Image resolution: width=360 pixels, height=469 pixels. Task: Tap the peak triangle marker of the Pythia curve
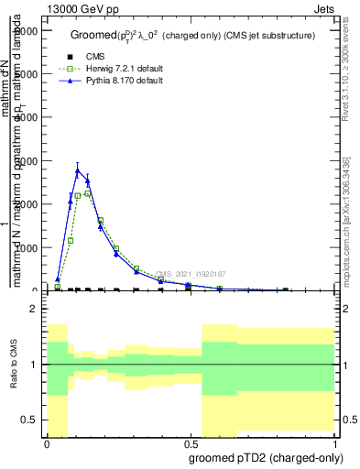click(x=78, y=171)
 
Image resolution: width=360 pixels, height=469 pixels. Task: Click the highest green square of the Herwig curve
click(x=87, y=193)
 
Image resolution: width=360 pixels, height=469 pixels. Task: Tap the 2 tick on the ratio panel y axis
click(x=33, y=309)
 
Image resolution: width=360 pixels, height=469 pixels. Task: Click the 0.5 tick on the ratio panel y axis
click(x=29, y=420)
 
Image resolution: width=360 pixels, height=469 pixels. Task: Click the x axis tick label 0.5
click(x=190, y=443)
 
